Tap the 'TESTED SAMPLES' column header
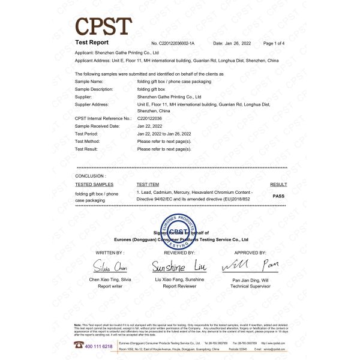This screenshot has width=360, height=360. (x=94, y=185)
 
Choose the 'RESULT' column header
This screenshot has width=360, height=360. (x=278, y=185)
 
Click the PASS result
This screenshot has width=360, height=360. (x=278, y=196)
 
